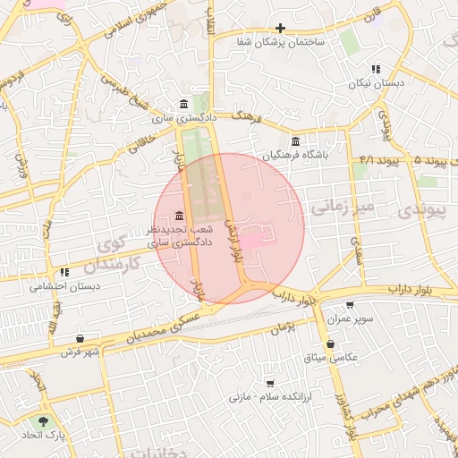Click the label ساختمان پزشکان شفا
281,42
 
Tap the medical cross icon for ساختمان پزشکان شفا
281,29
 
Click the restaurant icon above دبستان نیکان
376,69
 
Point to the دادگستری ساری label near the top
184,117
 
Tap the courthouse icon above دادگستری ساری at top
184,104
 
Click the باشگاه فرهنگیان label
296,155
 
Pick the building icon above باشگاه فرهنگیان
296,140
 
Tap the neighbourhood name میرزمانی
339,208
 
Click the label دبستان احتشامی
64,286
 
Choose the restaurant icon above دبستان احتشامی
64,272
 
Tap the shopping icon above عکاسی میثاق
331,343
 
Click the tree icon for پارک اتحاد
42,421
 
